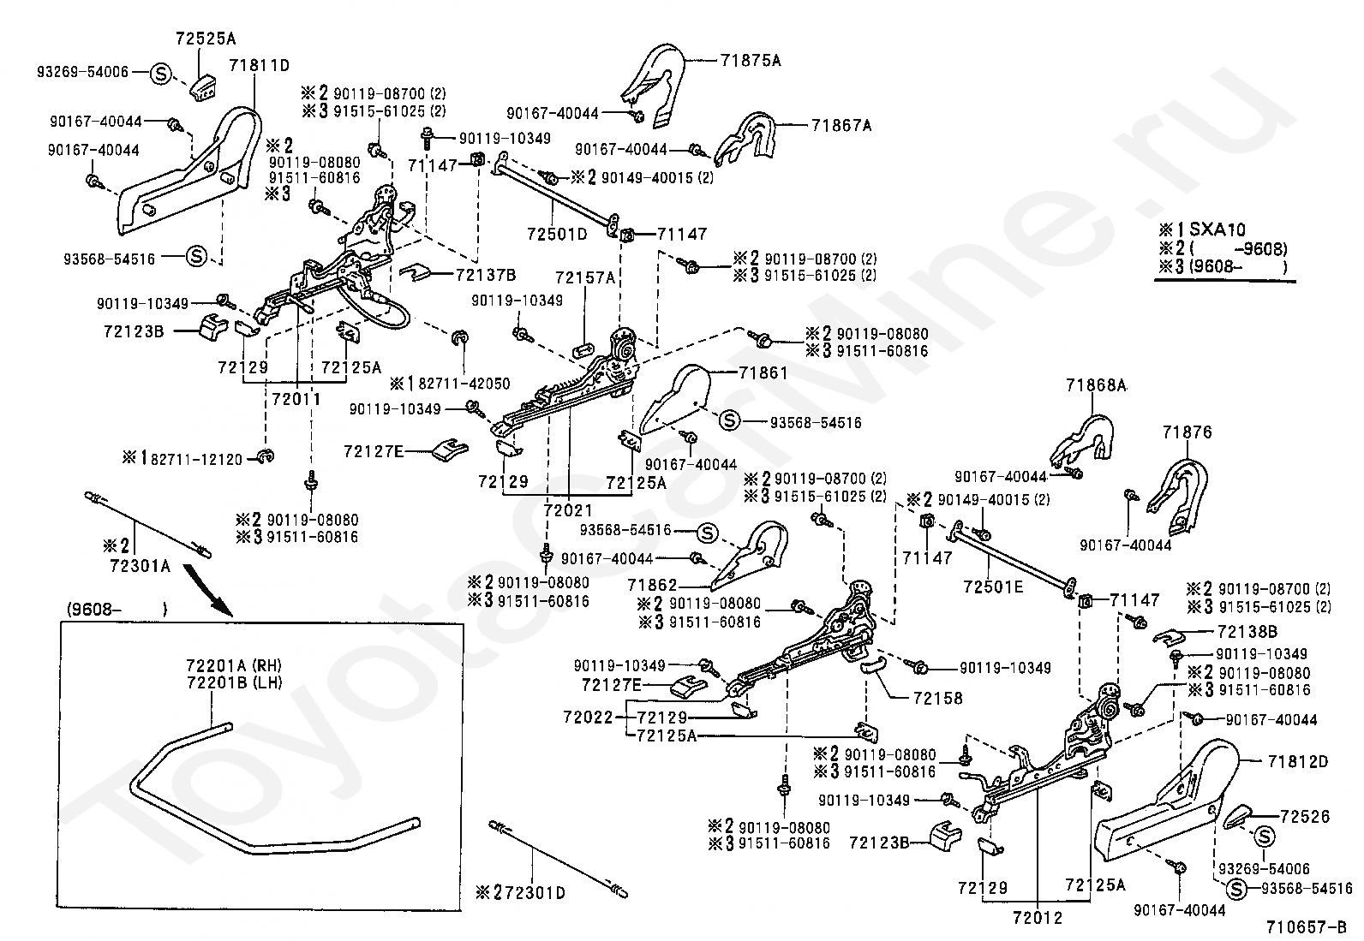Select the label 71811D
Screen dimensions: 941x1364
click(x=259, y=65)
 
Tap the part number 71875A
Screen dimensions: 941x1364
click(x=751, y=61)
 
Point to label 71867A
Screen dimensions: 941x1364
click(x=841, y=126)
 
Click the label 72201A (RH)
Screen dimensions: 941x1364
click(x=233, y=666)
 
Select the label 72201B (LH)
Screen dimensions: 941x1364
click(x=233, y=682)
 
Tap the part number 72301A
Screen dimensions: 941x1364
click(x=139, y=566)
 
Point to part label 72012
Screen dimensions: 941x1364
click(x=1037, y=919)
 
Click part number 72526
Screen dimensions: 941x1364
click(x=1305, y=817)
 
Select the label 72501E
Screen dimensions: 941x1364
click(x=993, y=588)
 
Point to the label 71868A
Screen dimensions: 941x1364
click(x=1096, y=386)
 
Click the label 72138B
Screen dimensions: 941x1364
click(x=1247, y=632)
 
